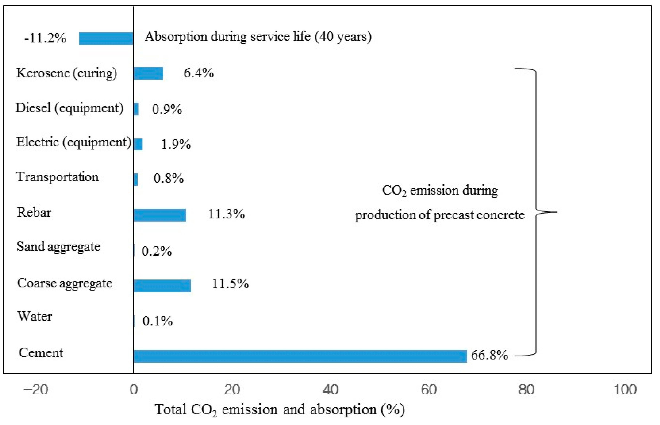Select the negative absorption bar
[x=106, y=38]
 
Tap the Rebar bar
[x=160, y=215]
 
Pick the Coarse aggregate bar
[x=162, y=286]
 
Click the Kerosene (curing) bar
[x=148, y=73]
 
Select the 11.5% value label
[x=230, y=284]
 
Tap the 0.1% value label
[x=157, y=321]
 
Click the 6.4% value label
[x=199, y=73]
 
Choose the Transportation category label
[x=57, y=177]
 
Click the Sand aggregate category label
[x=58, y=247]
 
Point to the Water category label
[x=34, y=316]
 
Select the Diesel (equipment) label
[x=69, y=108]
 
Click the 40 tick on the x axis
[x=330, y=389]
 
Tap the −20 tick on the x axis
[x=36, y=389]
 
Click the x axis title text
[x=280, y=410]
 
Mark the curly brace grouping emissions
[x=536, y=212]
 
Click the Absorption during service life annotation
[x=258, y=37]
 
